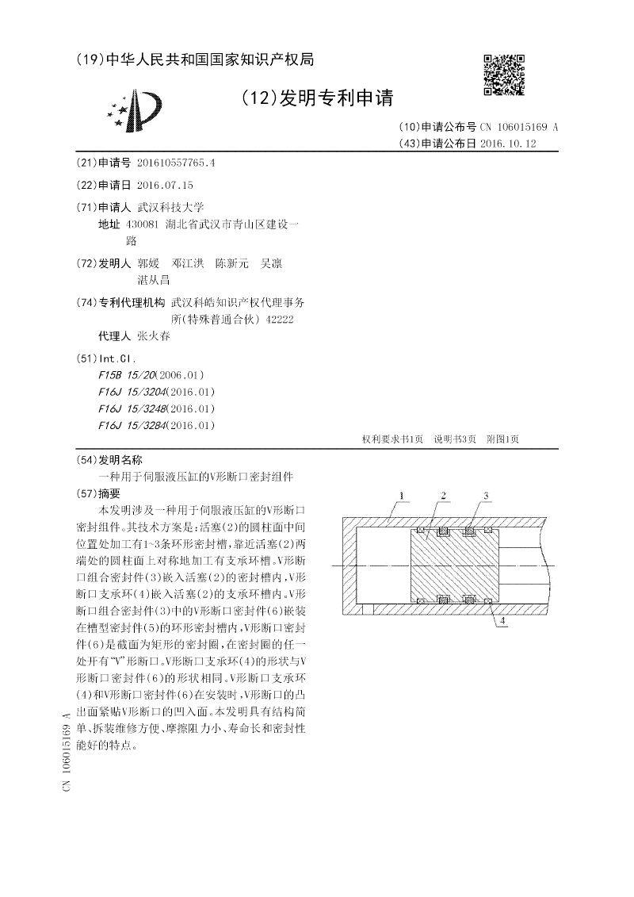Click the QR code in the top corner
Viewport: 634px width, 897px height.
504,75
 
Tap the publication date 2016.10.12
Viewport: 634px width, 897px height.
509,144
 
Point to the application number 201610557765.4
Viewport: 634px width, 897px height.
176,163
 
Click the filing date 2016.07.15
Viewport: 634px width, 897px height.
165,185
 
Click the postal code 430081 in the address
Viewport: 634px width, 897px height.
143,224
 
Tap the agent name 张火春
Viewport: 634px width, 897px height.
154,335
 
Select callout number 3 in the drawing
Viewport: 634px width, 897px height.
487,496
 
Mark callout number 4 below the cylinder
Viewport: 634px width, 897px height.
502,623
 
